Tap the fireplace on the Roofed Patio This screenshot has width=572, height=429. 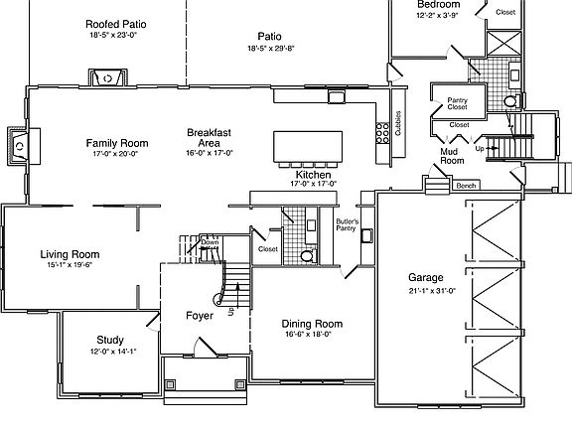pyautogui.click(x=105, y=77)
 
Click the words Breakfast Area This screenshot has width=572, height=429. pyautogui.click(x=210, y=138)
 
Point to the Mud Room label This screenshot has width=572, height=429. pyautogui.click(x=452, y=156)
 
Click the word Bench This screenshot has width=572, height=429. pyautogui.click(x=466, y=186)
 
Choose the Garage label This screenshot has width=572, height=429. pyautogui.click(x=425, y=276)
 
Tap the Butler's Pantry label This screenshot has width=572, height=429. pyautogui.click(x=347, y=224)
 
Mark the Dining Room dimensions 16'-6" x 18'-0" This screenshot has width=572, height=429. pyautogui.click(x=312, y=335)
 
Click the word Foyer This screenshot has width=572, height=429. pyautogui.click(x=200, y=316)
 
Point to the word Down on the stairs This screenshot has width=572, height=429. pyautogui.click(x=210, y=242)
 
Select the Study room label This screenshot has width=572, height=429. pyautogui.click(x=110, y=339)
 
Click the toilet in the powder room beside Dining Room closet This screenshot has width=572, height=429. pyautogui.click(x=307, y=255)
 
